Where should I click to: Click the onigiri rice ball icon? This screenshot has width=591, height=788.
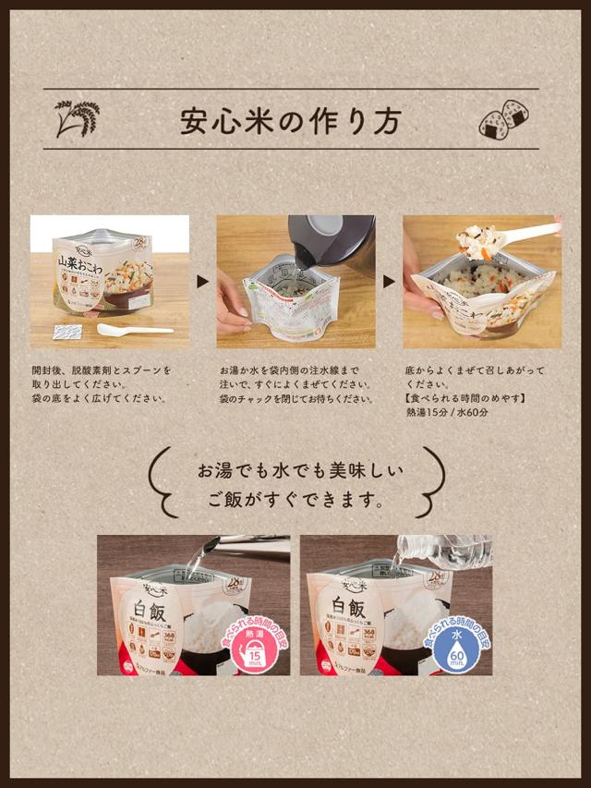503,120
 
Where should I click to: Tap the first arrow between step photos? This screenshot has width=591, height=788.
203,281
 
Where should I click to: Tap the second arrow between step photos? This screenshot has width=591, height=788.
389,281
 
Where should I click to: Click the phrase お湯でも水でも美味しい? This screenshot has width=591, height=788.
300,470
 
